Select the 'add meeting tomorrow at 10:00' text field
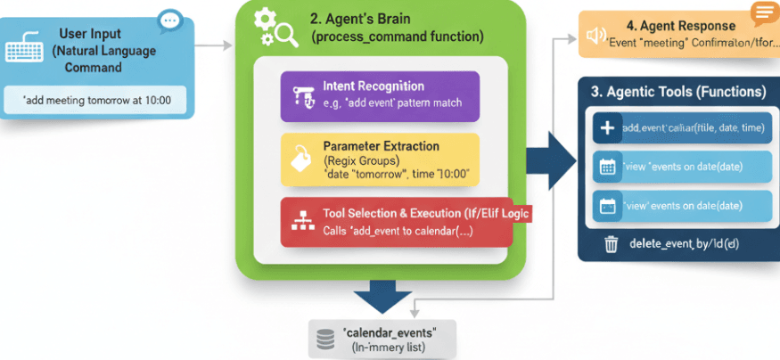pyautogui.click(x=97, y=100)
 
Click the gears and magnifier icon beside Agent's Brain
pyautogui.click(x=275, y=28)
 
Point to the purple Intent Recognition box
pyautogui.click(x=380, y=96)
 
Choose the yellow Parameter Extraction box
pyautogui.click(x=380, y=160)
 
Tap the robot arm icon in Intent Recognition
pyautogui.click(x=300, y=95)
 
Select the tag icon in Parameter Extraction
pyautogui.click(x=300, y=160)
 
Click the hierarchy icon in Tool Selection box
pyautogui.click(x=300, y=222)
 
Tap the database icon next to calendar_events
pyautogui.click(x=326, y=340)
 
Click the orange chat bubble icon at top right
pyautogui.click(x=762, y=12)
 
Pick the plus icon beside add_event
pyautogui.click(x=607, y=128)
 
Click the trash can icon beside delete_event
pyautogui.click(x=612, y=243)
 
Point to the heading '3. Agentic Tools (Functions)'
pyautogui.click(x=678, y=92)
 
